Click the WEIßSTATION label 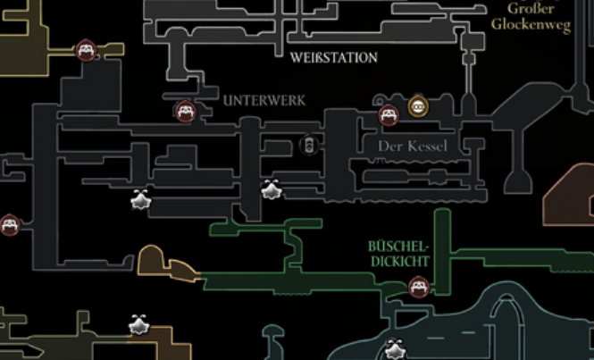click(334, 58)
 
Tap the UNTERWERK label click(264, 101)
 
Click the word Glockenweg click(531, 26)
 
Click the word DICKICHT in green click(398, 262)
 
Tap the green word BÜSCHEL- click(398, 246)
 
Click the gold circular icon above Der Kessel click(417, 107)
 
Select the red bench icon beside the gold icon click(389, 114)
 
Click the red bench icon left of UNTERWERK click(185, 112)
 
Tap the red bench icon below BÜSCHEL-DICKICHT click(418, 288)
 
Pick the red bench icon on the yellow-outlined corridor click(86, 50)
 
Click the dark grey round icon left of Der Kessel click(309, 145)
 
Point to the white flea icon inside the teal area click(395, 350)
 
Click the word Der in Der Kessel click(392, 146)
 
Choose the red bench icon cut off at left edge click(8, 225)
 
